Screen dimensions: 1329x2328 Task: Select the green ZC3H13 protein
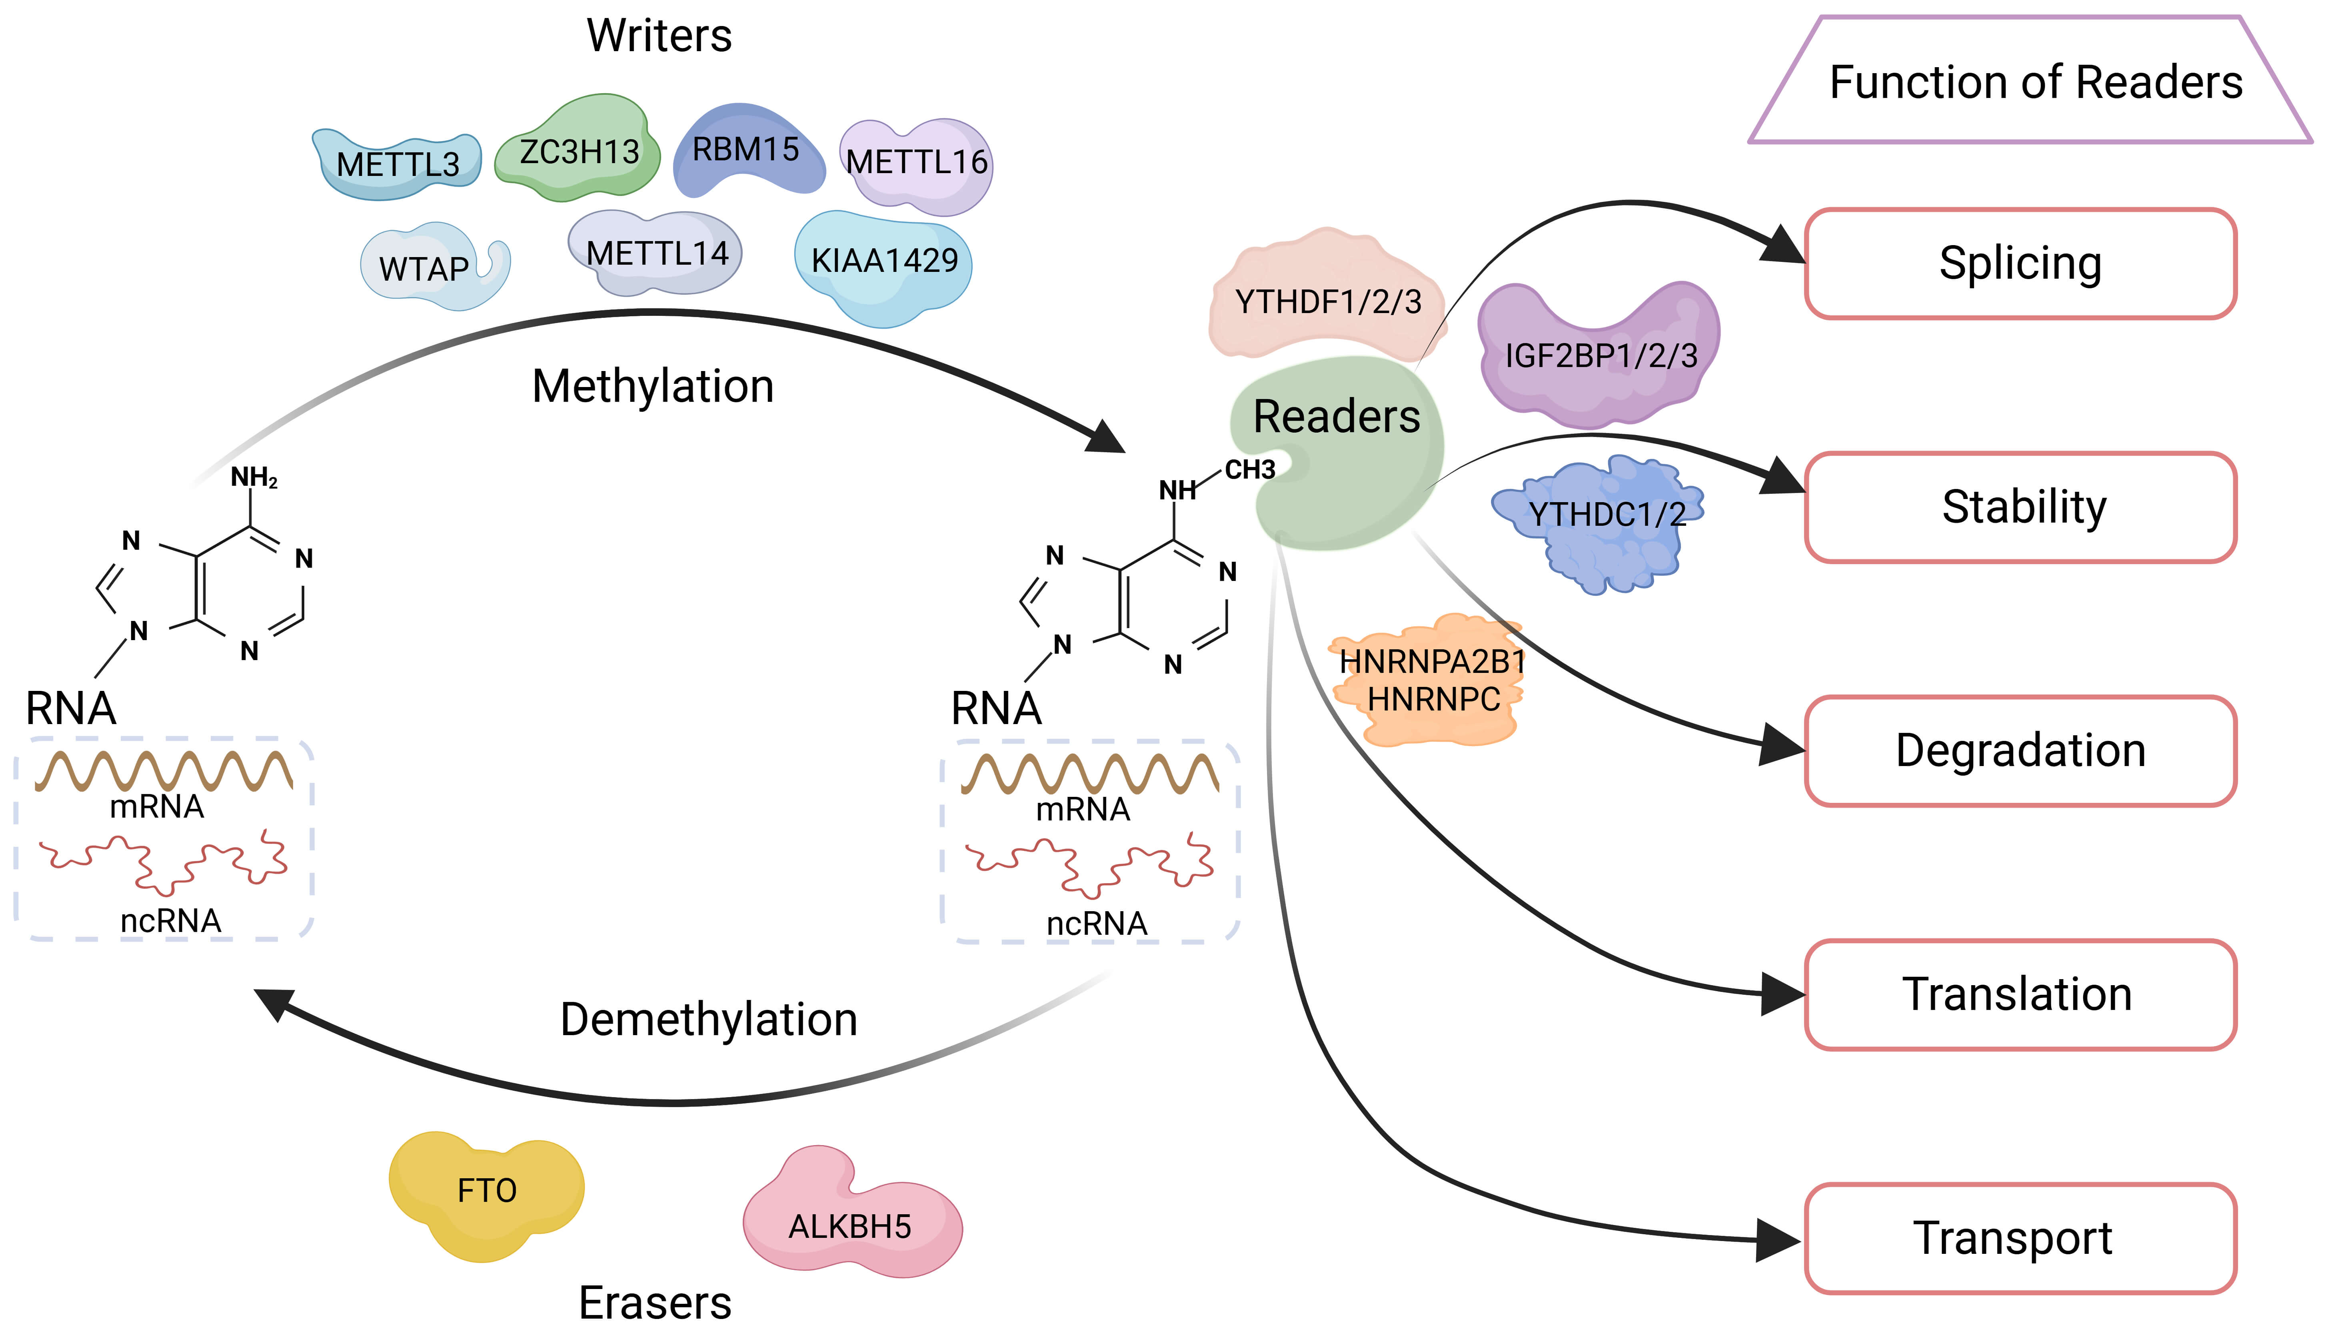tap(579, 151)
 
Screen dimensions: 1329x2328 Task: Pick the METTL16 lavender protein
tap(917, 164)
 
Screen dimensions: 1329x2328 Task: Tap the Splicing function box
tap(2019, 264)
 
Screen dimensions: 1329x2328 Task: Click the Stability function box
tap(2019, 507)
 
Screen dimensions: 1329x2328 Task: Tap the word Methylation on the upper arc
tap(653, 386)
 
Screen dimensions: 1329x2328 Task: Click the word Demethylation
tap(708, 1020)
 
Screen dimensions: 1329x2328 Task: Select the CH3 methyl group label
tap(1249, 470)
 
